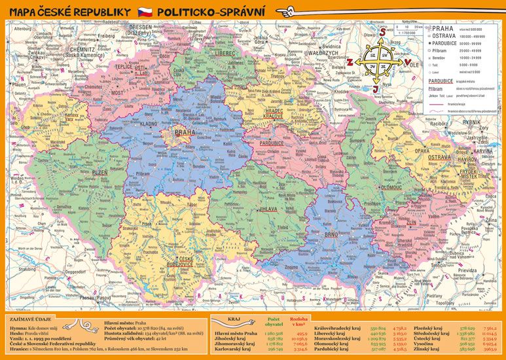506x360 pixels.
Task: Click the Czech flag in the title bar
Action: [145, 12]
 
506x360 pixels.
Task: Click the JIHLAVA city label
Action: [268, 209]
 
